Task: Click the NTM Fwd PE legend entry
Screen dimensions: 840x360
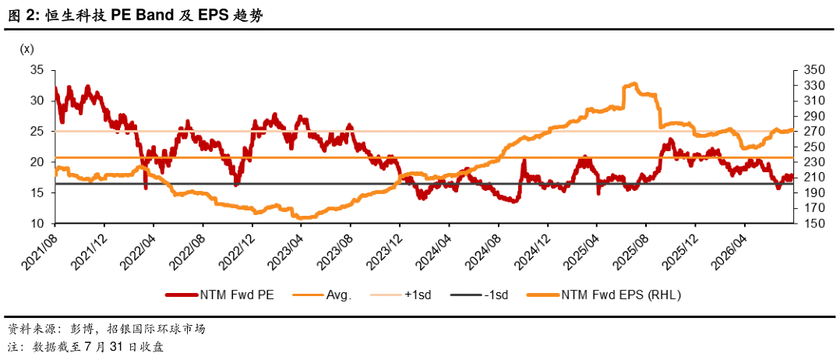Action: (x=220, y=294)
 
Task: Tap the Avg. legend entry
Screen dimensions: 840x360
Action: (x=322, y=294)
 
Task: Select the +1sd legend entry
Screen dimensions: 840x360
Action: (x=404, y=294)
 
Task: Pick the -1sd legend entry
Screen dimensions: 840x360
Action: (x=479, y=294)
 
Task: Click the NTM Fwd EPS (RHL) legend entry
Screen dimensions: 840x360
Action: (x=605, y=294)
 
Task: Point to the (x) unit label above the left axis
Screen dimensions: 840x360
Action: (x=26, y=50)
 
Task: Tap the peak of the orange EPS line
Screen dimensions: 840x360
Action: (x=635, y=83)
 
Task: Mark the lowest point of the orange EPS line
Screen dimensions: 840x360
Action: (x=300, y=217)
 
